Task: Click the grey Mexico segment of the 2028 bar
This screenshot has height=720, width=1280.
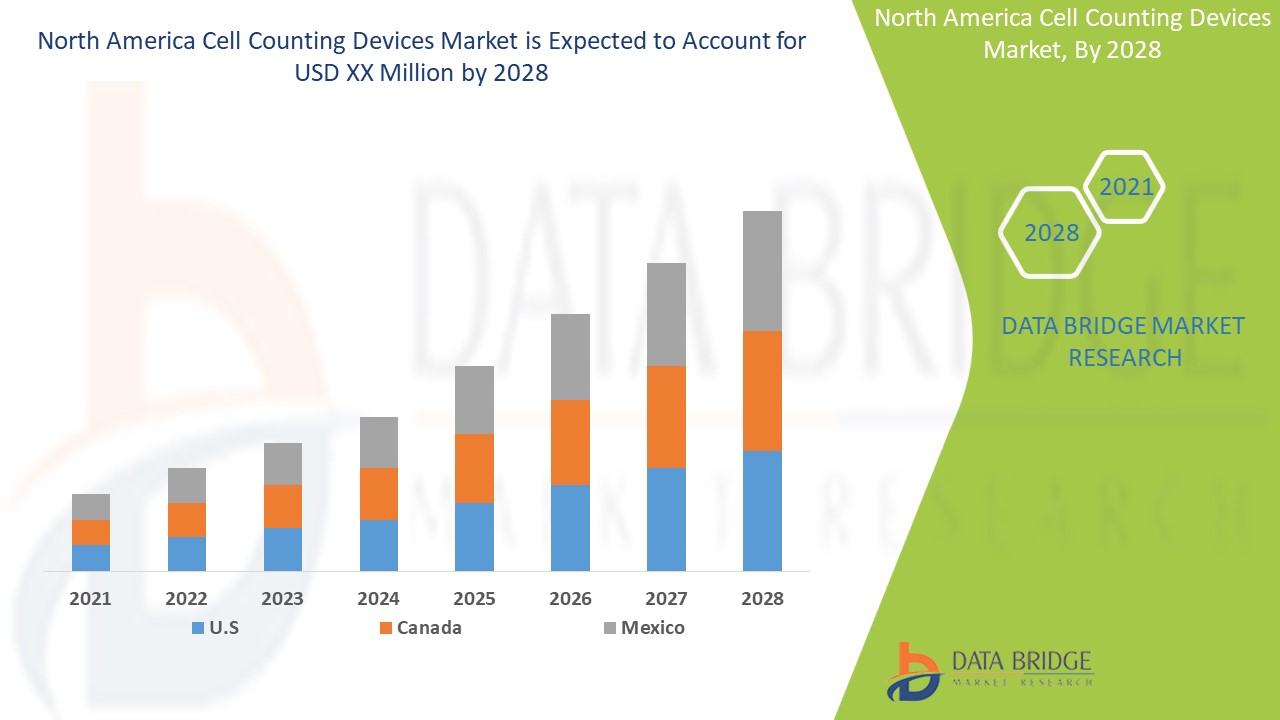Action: (x=762, y=270)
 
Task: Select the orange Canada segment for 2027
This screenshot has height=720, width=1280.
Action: (x=666, y=416)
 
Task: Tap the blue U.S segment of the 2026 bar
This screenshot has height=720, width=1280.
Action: (x=570, y=527)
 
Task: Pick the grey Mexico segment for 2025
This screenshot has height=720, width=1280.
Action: (x=474, y=399)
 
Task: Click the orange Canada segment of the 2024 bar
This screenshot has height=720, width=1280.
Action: (x=378, y=493)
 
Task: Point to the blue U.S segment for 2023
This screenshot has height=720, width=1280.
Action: (x=282, y=549)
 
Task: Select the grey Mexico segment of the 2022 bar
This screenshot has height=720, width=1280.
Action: (x=186, y=485)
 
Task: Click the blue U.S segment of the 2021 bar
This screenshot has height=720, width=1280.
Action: (x=91, y=557)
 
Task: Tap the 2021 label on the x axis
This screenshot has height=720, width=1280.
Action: (x=91, y=598)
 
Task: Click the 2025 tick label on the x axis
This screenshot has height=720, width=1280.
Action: (x=474, y=598)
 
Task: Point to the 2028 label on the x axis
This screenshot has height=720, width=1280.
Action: (x=762, y=598)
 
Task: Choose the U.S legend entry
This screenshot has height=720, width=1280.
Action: (x=214, y=628)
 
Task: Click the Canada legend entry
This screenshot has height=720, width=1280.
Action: (x=419, y=628)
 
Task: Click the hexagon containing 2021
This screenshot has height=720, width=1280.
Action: (x=1125, y=187)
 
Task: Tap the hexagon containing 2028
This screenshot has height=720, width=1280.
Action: (x=1051, y=232)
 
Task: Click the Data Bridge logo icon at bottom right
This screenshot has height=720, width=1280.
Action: (x=912, y=671)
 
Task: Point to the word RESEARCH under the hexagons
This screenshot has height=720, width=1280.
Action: (x=1125, y=357)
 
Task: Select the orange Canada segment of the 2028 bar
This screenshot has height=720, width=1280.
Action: (x=762, y=390)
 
